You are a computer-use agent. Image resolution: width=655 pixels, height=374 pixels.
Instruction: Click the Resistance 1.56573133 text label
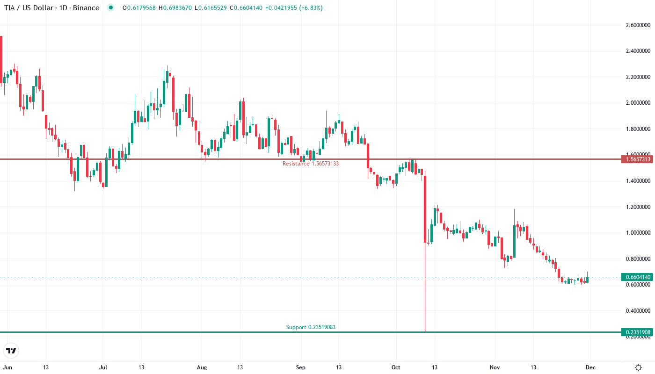coord(310,164)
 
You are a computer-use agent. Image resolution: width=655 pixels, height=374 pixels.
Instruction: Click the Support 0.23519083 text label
coord(311,327)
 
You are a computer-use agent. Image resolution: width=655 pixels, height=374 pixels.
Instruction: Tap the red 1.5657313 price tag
coord(636,159)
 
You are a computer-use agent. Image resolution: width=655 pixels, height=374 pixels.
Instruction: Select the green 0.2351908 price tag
coord(636,332)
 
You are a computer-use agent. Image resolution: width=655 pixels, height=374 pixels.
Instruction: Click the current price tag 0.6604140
coord(636,277)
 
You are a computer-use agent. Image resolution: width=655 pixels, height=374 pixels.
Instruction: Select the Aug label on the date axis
coord(202,367)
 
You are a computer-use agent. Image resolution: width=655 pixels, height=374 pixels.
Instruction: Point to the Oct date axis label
coord(396,367)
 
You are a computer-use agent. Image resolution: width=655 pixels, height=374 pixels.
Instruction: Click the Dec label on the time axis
coord(591,367)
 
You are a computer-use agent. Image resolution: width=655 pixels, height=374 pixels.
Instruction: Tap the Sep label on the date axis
coord(301,367)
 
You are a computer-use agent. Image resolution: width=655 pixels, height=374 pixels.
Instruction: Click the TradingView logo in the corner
coord(11,351)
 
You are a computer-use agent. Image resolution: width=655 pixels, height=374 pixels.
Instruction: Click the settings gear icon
coord(638,367)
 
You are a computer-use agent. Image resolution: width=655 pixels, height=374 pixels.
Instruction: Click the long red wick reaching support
coord(425,290)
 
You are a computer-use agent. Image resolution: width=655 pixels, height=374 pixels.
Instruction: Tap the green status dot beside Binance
coord(110,8)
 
